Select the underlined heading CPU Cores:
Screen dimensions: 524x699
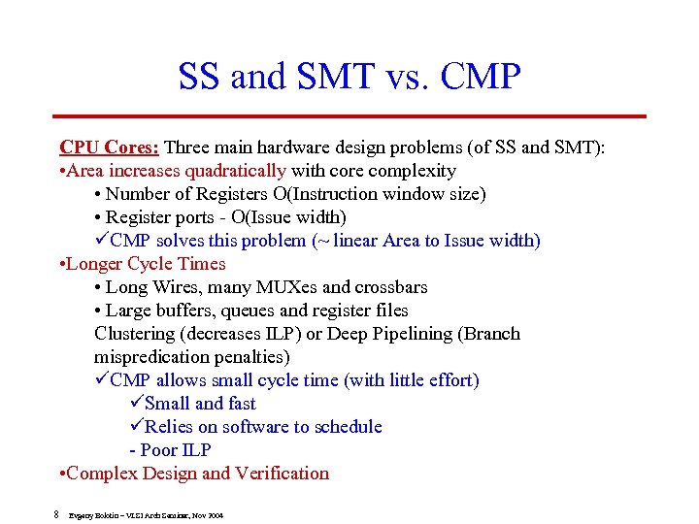pos(110,147)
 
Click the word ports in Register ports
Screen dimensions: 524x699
pos(200,217)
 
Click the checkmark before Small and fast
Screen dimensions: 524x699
pos(136,404)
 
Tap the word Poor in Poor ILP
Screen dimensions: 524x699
pos(160,450)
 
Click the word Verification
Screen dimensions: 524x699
pos(283,474)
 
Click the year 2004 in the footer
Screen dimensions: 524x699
pos(215,515)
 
